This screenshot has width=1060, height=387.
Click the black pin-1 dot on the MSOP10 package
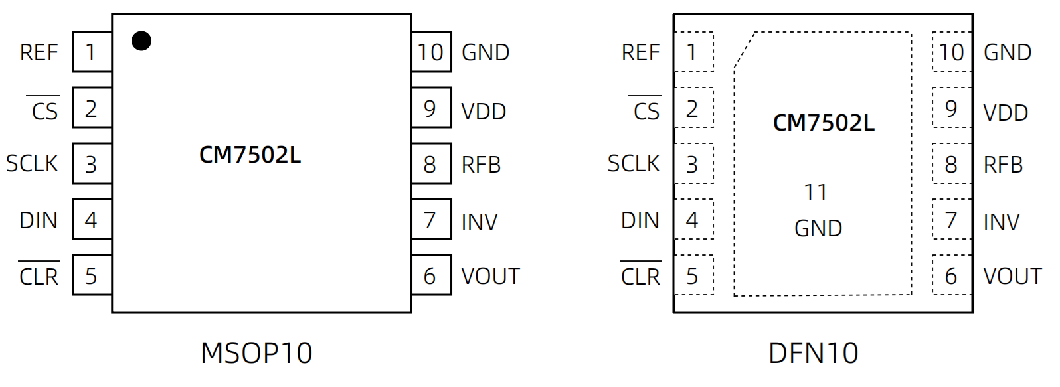pos(141,41)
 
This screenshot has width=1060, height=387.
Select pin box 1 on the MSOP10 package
pos(92,52)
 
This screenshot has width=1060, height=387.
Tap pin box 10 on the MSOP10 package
pos(431,52)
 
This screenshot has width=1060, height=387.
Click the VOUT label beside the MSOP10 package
pos(490,276)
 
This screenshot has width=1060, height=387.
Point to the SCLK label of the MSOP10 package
pos(32,163)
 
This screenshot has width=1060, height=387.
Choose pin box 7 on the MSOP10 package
pos(431,220)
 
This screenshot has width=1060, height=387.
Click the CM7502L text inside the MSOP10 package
pos(250,155)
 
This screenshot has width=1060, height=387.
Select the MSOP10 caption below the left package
pos(256,353)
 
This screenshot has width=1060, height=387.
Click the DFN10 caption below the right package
pos(814,353)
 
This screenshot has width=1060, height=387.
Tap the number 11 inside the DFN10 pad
pos(816,193)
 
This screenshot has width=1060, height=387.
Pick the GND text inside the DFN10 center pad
pos(818,228)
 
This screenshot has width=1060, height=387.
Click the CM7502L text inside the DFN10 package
pos(824,123)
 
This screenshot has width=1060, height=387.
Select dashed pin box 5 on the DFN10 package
pos(693,275)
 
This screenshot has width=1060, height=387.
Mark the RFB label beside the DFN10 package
pos(1003,165)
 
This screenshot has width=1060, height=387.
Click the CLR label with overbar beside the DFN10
pos(640,276)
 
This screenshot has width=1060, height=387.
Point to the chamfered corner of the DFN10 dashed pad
pos(744,50)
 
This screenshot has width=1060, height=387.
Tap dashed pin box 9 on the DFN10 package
pos(952,108)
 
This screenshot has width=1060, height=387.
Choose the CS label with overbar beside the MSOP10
pos(44,111)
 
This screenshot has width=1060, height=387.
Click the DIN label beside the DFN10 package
pos(640,220)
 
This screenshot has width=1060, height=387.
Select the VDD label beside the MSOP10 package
pos(484,112)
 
